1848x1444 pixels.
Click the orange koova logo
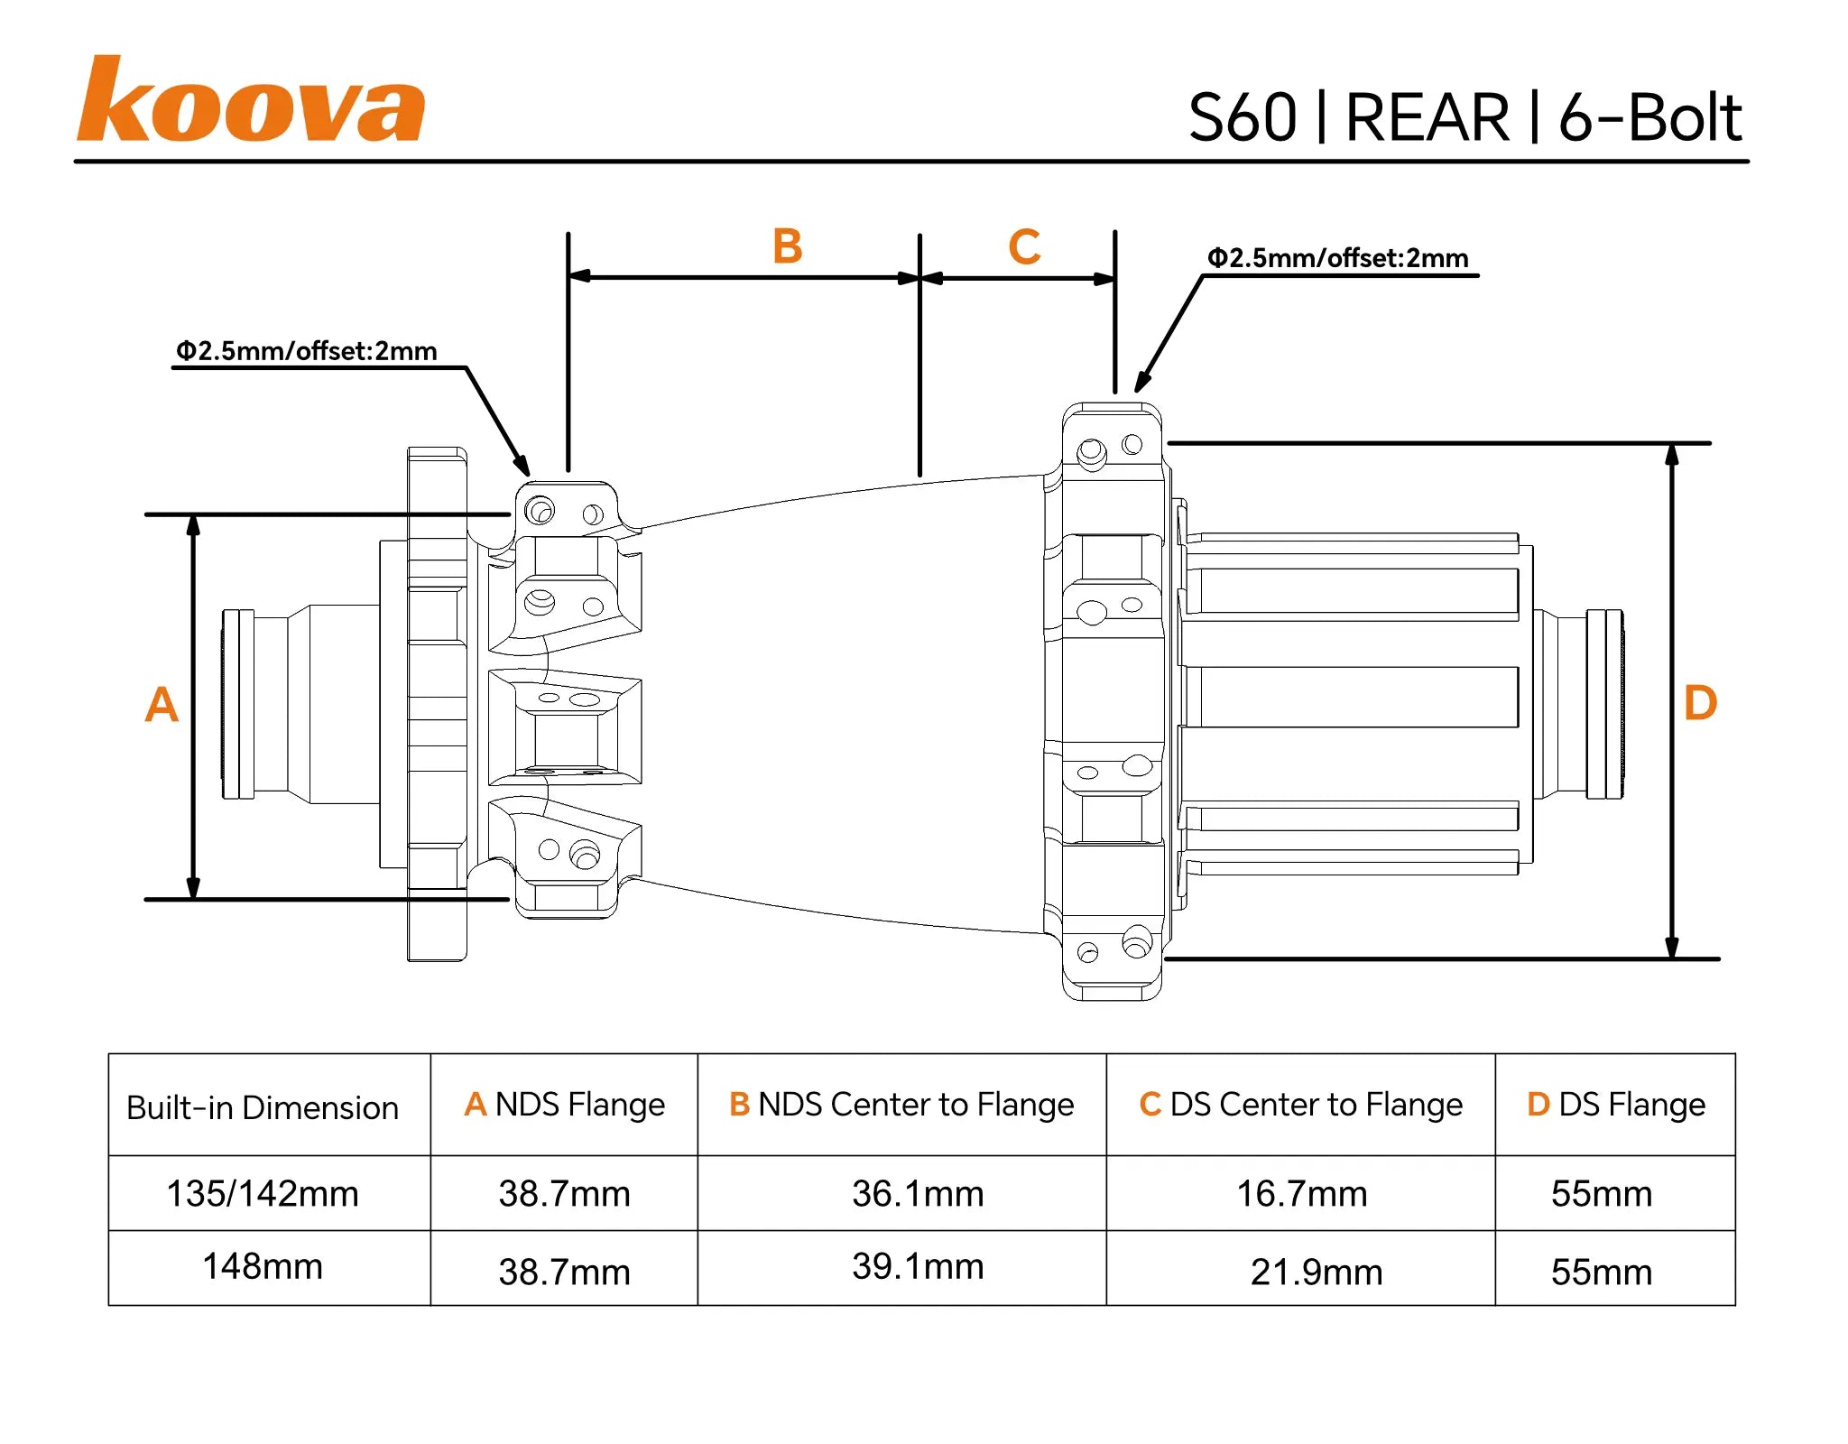250,101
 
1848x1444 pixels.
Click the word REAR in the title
1427,118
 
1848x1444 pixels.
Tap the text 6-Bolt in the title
1649,118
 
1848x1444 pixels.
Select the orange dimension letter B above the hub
787,246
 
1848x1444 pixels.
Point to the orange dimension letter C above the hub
1024,246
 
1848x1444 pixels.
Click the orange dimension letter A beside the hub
162,704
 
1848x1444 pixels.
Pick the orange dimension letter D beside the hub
1700,702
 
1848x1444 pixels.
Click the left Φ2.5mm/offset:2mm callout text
306,350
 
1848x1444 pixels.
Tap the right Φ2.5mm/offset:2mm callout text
1337,258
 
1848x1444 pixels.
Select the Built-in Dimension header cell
263,1107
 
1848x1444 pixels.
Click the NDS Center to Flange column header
901,1104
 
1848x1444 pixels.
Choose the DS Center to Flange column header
1300,1104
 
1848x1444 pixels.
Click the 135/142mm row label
263,1193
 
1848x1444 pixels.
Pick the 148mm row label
263,1266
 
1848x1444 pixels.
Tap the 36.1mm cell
918,1193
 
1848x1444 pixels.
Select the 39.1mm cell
918,1266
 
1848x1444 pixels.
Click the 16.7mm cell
1301,1193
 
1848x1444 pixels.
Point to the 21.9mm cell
1317,1272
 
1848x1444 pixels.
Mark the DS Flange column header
1615,1104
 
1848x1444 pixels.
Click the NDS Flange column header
564,1104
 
